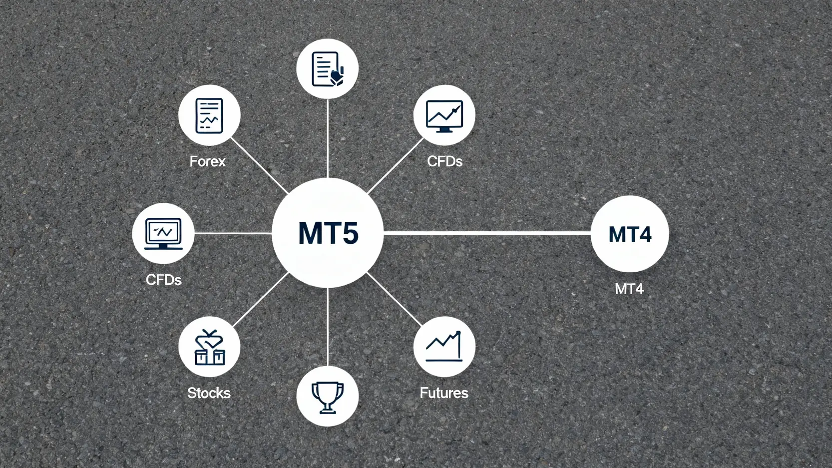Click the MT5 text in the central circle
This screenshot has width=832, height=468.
click(x=328, y=233)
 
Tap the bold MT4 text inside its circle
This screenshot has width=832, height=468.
click(x=630, y=234)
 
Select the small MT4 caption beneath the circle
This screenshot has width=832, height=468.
click(x=629, y=289)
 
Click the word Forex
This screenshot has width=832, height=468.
click(x=207, y=161)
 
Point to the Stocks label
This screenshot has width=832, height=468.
click(x=209, y=393)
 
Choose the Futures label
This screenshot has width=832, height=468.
click(x=444, y=393)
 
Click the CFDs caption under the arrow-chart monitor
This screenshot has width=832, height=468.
click(x=444, y=161)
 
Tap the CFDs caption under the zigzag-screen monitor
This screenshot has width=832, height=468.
click(x=163, y=280)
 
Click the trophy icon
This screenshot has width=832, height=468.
click(x=328, y=397)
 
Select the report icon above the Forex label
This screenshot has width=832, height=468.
click(x=209, y=116)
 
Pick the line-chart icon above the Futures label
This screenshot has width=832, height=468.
click(x=444, y=346)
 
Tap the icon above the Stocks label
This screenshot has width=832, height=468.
click(x=209, y=347)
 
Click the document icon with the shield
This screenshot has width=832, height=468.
click(x=328, y=69)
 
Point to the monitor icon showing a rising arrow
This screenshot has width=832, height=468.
click(x=444, y=116)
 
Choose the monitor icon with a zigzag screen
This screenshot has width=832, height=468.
click(x=163, y=233)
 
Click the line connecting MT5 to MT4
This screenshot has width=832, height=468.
click(x=487, y=233)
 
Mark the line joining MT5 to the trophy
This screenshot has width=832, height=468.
click(x=328, y=327)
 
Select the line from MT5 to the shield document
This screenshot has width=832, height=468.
click(x=328, y=138)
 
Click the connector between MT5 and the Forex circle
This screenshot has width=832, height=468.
click(x=260, y=166)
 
